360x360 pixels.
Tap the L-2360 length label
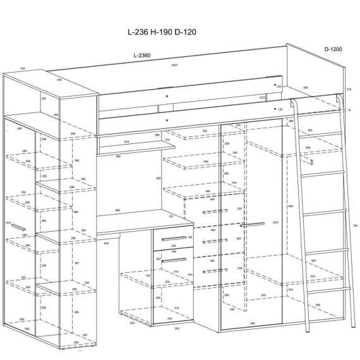[143, 56]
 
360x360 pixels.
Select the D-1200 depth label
[333, 48]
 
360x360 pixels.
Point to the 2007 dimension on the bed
[174, 66]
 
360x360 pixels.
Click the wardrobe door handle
[252, 224]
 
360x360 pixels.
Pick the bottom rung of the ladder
[330, 289]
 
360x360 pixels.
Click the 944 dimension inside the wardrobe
[289, 206]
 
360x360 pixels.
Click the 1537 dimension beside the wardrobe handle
[274, 222]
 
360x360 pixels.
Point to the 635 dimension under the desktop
[106, 242]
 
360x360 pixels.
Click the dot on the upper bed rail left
[165, 95]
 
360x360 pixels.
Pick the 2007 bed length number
[174, 66]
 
